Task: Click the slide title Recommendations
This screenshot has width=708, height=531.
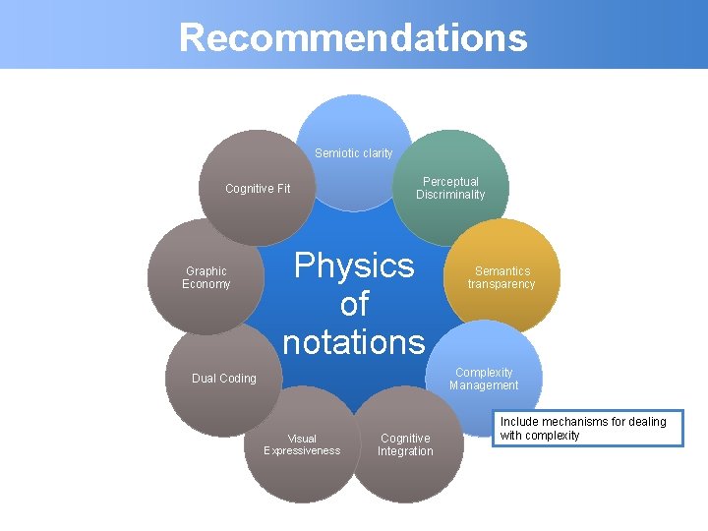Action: pyautogui.click(x=353, y=37)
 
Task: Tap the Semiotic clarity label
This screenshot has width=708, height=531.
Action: pyautogui.click(x=353, y=153)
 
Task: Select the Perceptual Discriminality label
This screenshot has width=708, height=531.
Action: pyautogui.click(x=450, y=188)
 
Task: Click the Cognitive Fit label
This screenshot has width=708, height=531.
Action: pyautogui.click(x=258, y=189)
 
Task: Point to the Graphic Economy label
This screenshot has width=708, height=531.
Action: pyautogui.click(x=206, y=277)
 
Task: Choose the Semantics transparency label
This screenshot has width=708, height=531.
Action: pyautogui.click(x=501, y=277)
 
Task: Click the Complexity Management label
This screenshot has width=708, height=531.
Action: pyautogui.click(x=484, y=379)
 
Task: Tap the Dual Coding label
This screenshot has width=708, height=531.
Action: pyautogui.click(x=224, y=379)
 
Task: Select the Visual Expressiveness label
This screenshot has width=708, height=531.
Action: pyautogui.click(x=302, y=444)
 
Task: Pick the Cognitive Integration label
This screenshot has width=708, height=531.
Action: pyautogui.click(x=405, y=444)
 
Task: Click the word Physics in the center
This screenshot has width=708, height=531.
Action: pyautogui.click(x=354, y=265)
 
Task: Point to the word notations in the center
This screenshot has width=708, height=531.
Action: pyautogui.click(x=354, y=341)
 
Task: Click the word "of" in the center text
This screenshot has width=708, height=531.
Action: pyautogui.click(x=354, y=304)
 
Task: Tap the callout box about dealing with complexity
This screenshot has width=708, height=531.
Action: pyautogui.click(x=588, y=429)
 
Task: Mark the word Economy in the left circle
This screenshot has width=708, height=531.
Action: pyautogui.click(x=206, y=284)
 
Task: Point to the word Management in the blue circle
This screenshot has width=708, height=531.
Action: pyautogui.click(x=484, y=385)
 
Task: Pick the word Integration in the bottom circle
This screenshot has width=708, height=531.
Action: pyautogui.click(x=405, y=451)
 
